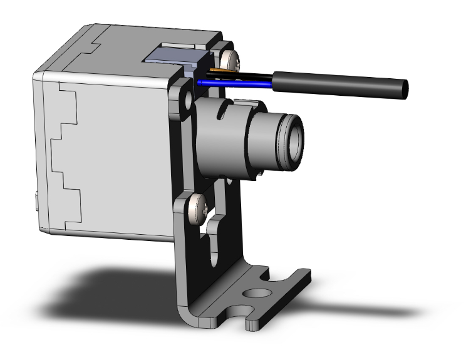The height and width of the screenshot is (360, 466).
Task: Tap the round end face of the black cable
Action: tap(404, 89)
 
